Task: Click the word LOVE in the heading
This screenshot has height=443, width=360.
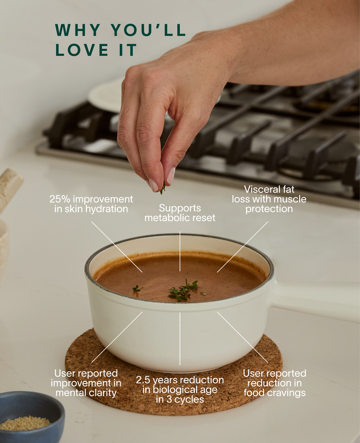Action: click(82, 50)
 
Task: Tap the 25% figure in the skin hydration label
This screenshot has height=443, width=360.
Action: click(60, 199)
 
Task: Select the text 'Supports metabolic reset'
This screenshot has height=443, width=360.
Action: click(180, 213)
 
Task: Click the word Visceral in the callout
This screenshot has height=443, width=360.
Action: click(261, 189)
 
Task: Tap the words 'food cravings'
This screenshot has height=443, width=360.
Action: click(274, 393)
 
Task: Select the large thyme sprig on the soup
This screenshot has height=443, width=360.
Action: click(183, 290)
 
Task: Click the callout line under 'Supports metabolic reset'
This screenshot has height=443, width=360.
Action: click(180, 251)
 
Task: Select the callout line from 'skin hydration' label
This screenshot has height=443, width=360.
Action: click(117, 247)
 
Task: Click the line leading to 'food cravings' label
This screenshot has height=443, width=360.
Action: click(243, 337)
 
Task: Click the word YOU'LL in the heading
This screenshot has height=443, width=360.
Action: click(148, 30)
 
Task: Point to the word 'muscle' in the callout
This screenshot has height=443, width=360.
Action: click(290, 199)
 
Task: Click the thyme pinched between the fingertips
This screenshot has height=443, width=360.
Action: click(163, 189)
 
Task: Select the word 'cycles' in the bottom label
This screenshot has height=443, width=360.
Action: click(189, 399)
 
